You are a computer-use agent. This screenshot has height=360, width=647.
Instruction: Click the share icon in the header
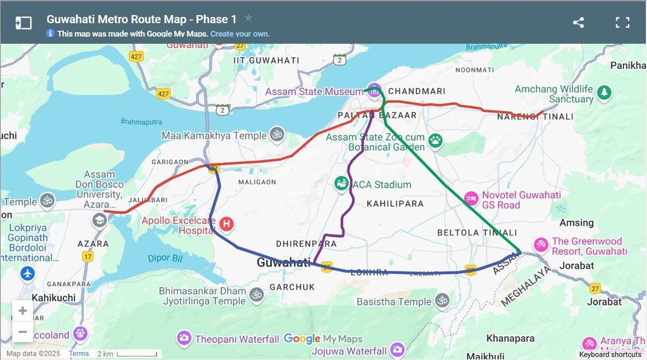(x=578, y=23)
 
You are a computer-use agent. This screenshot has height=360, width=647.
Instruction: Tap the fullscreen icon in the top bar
(x=623, y=23)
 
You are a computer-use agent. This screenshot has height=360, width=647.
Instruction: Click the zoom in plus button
(x=23, y=311)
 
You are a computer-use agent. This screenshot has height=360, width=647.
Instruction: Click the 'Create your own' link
(x=240, y=33)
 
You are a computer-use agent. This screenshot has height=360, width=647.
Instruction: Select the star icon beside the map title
(x=248, y=18)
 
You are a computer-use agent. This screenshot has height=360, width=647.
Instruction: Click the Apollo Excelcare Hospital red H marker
(x=227, y=223)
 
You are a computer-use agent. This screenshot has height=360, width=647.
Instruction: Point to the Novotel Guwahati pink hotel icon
(x=471, y=199)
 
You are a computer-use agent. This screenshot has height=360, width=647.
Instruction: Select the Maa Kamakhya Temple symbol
(x=277, y=135)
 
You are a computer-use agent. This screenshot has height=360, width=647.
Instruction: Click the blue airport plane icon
(x=27, y=274)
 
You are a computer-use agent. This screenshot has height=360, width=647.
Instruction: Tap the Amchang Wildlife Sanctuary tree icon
(x=604, y=92)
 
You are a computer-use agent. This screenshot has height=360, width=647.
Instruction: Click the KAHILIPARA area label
(x=395, y=204)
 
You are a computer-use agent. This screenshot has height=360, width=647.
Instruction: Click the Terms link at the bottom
(x=79, y=354)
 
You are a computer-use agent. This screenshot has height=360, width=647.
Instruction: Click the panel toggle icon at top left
(x=23, y=23)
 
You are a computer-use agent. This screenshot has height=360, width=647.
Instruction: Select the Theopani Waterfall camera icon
(x=184, y=338)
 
